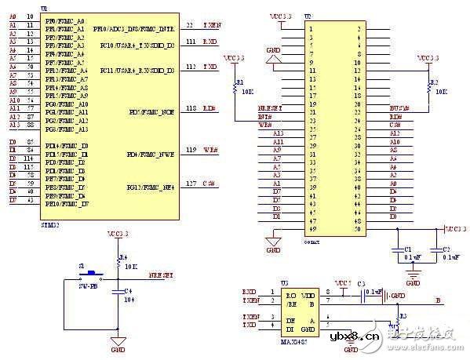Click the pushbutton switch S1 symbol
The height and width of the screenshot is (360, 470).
point(93,274)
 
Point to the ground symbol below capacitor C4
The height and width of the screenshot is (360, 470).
point(117,340)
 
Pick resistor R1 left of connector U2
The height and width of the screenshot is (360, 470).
point(233,88)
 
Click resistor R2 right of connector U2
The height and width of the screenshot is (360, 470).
point(427,87)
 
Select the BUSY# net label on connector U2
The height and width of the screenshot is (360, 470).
point(399,106)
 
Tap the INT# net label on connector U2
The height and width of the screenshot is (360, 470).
point(266,116)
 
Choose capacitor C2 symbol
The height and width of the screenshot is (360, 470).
point(435,251)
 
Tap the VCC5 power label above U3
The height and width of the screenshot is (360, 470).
point(342,283)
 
